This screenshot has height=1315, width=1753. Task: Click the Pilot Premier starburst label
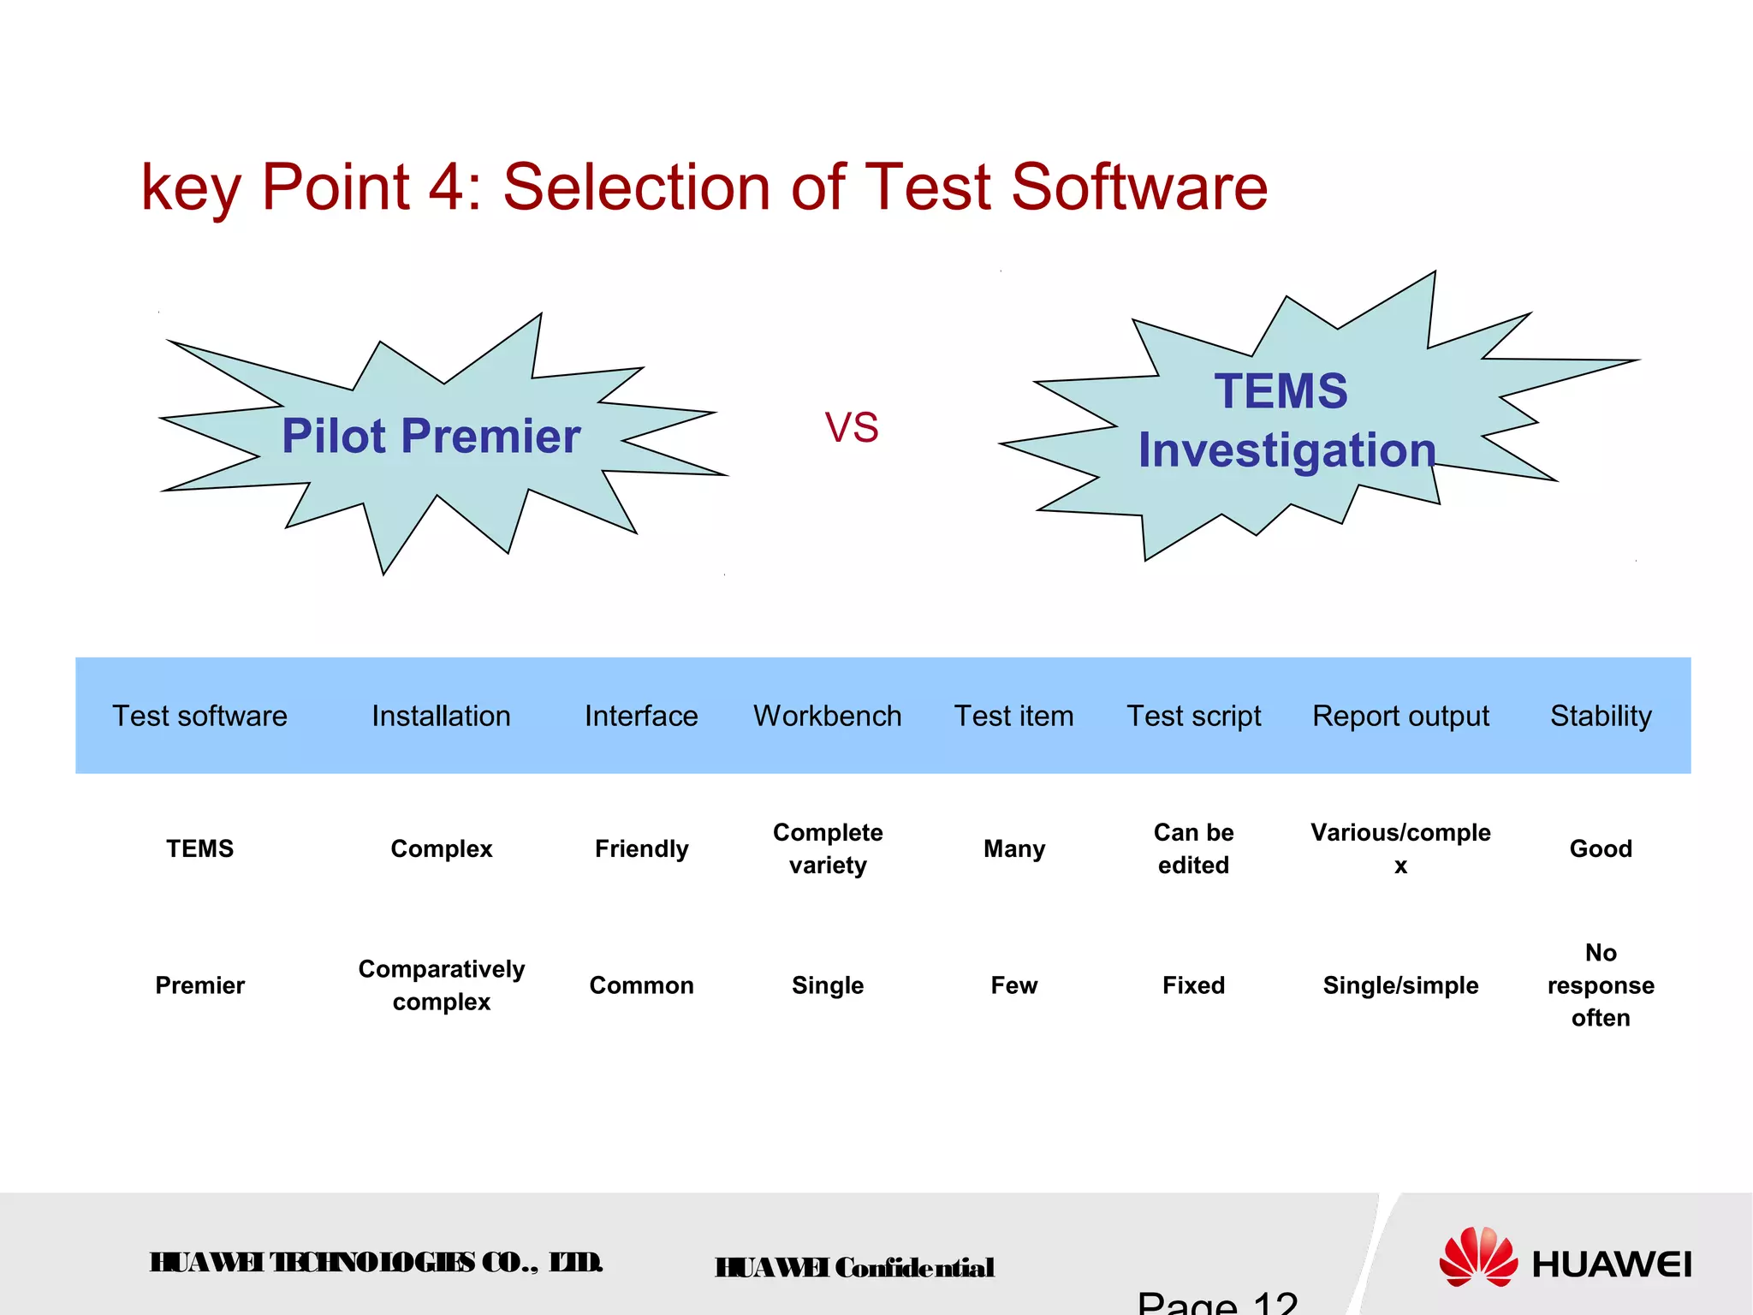pos(431,436)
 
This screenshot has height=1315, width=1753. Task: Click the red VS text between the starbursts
pos(851,427)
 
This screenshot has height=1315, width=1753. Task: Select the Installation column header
pos(441,716)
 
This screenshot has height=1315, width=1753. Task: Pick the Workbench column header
pos(827,716)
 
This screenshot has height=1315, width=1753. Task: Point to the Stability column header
pos(1600,716)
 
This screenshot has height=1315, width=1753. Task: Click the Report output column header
pos(1400,716)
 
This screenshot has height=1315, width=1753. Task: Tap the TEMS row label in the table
pos(199,848)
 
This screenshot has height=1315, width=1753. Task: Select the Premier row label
pos(199,985)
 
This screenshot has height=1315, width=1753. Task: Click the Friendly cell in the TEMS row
pos(641,848)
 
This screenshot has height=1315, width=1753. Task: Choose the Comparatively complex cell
pos(441,985)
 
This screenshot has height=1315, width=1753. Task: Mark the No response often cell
pos(1600,985)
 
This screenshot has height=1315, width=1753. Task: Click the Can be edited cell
pos(1193,848)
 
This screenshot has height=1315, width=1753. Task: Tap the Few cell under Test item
pos(1013,985)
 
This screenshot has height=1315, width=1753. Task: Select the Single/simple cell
pos(1400,985)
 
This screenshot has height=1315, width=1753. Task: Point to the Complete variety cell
pos(827,848)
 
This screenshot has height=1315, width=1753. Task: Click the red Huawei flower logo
pos(1478,1257)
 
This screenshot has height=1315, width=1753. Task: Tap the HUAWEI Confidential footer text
pos(854,1267)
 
